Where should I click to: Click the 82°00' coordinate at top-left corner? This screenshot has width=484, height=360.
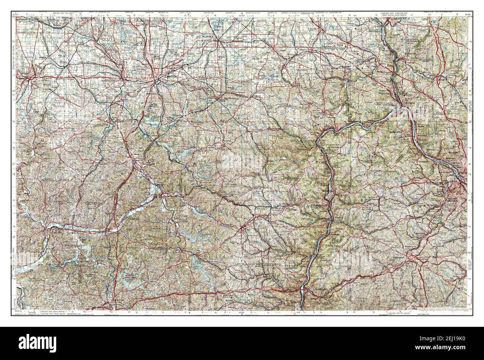(15, 14)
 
